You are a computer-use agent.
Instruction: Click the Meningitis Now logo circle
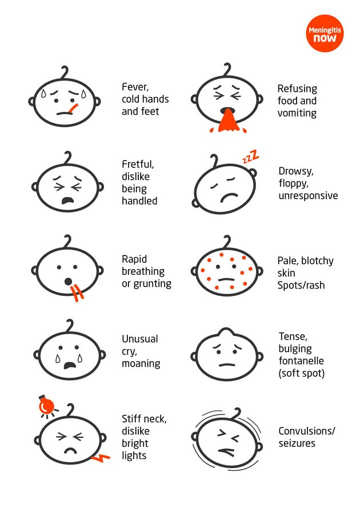pyautogui.click(x=325, y=33)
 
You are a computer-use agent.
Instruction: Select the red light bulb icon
pyautogui.click(x=46, y=406)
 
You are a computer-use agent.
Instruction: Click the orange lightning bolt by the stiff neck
pyautogui.click(x=101, y=458)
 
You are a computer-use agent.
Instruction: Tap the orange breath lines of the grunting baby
pyautogui.click(x=77, y=292)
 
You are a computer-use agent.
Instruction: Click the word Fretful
pyautogui.click(x=138, y=165)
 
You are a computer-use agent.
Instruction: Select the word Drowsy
pyautogui.click(x=296, y=171)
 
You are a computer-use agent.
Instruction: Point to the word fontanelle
pyautogui.click(x=301, y=360)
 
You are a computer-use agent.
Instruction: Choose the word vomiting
pyautogui.click(x=297, y=113)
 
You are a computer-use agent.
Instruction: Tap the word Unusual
pyautogui.click(x=139, y=339)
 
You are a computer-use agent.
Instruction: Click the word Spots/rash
pyautogui.click(x=301, y=285)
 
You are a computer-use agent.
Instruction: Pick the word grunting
pyautogui.click(x=152, y=284)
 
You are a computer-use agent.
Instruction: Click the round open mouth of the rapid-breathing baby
pyautogui.click(x=68, y=281)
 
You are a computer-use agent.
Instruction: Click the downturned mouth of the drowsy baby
pyautogui.click(x=229, y=197)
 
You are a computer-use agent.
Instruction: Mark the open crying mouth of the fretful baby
pyautogui.click(x=68, y=201)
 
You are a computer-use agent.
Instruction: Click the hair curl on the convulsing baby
pyautogui.click(x=237, y=413)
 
